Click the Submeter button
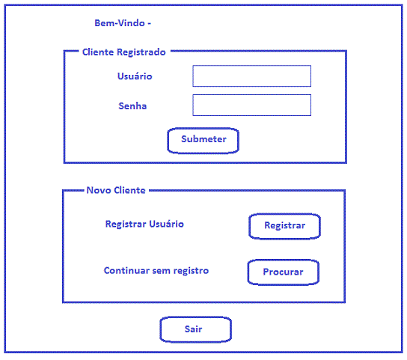click(203, 141)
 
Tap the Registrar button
click(285, 226)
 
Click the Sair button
click(195, 329)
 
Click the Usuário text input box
click(252, 76)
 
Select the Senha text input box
click(252, 106)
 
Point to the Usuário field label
click(135, 76)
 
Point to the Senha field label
click(132, 106)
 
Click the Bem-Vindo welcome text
click(123, 23)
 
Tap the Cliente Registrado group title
click(124, 52)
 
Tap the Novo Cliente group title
click(116, 190)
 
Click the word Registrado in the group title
click(141, 52)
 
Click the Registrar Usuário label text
click(144, 224)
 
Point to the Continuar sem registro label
click(156, 271)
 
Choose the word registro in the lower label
click(191, 271)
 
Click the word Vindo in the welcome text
click(131, 23)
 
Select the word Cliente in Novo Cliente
click(129, 190)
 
